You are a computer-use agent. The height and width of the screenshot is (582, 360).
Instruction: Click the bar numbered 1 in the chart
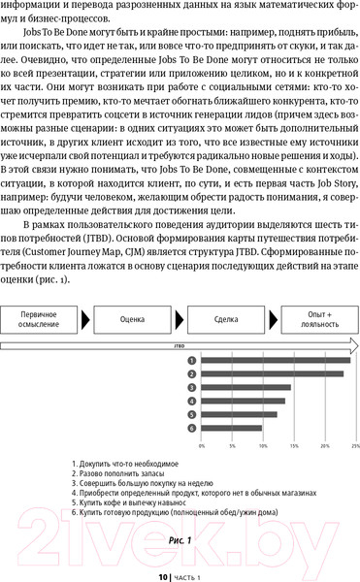276,361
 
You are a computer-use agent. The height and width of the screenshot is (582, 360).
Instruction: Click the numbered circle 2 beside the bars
193,373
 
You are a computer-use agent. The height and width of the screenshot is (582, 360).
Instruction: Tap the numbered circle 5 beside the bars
193,413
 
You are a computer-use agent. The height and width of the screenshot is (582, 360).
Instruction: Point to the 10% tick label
263,446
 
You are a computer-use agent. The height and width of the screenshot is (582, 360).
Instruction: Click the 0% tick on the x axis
201,446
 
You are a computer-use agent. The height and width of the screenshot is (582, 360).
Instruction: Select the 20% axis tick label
324,446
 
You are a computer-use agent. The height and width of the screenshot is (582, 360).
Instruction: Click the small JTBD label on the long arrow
180,344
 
